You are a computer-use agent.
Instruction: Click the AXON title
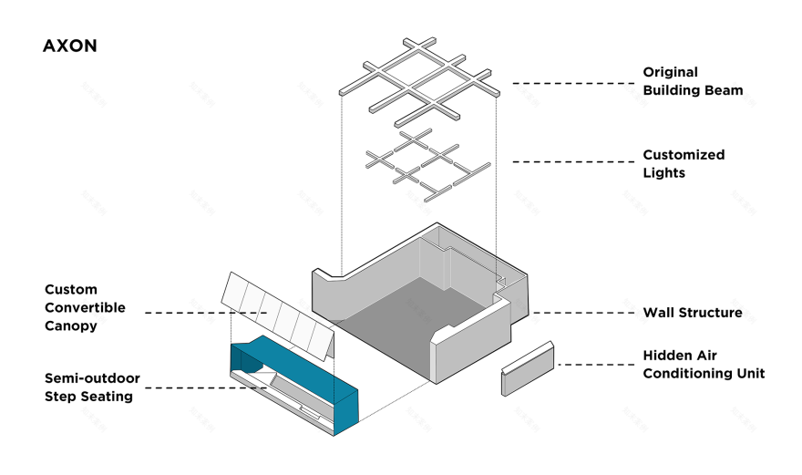(69, 46)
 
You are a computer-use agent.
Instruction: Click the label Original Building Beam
(693, 81)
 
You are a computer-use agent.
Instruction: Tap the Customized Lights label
(684, 164)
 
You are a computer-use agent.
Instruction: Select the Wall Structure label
(692, 312)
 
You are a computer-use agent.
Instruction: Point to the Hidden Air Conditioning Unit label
(704, 364)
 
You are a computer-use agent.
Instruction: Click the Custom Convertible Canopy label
(85, 307)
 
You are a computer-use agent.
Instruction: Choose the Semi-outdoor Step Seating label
(92, 387)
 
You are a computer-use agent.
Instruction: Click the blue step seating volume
(307, 378)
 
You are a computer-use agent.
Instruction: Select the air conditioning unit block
(528, 368)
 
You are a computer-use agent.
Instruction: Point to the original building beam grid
(419, 82)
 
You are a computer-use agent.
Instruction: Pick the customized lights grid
(427, 165)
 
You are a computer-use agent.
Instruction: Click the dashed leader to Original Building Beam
(574, 83)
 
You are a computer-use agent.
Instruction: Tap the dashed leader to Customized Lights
(574, 161)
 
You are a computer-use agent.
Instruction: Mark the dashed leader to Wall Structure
(583, 313)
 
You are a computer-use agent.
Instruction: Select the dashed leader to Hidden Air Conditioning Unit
(596, 365)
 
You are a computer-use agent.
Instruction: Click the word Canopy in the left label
(70, 326)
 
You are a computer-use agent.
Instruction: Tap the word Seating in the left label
(108, 397)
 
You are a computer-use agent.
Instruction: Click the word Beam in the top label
(723, 90)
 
